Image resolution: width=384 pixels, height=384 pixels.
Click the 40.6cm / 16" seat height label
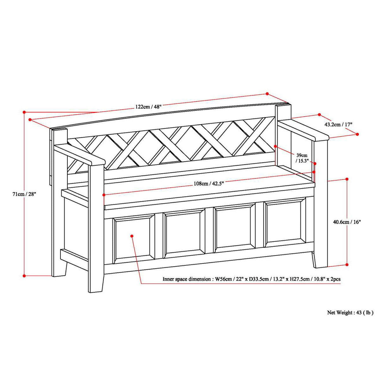347,222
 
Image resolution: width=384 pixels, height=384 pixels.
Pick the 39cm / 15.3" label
301,158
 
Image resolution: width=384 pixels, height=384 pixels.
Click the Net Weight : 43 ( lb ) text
350,313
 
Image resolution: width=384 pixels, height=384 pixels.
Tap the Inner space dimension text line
251,279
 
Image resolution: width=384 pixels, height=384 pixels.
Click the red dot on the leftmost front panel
132,236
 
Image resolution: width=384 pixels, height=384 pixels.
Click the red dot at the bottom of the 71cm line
24,276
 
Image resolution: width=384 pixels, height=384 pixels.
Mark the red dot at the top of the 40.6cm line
347,179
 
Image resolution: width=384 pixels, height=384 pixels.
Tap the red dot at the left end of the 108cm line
104,195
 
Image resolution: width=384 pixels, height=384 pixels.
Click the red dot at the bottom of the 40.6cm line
347,264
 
